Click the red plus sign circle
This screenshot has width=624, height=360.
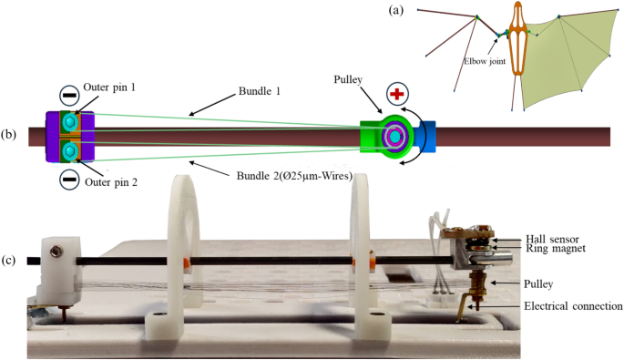point(397,94)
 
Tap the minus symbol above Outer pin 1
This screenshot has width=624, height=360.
point(68,94)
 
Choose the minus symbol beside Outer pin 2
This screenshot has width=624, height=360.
point(68,180)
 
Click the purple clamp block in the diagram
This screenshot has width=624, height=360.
point(52,136)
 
